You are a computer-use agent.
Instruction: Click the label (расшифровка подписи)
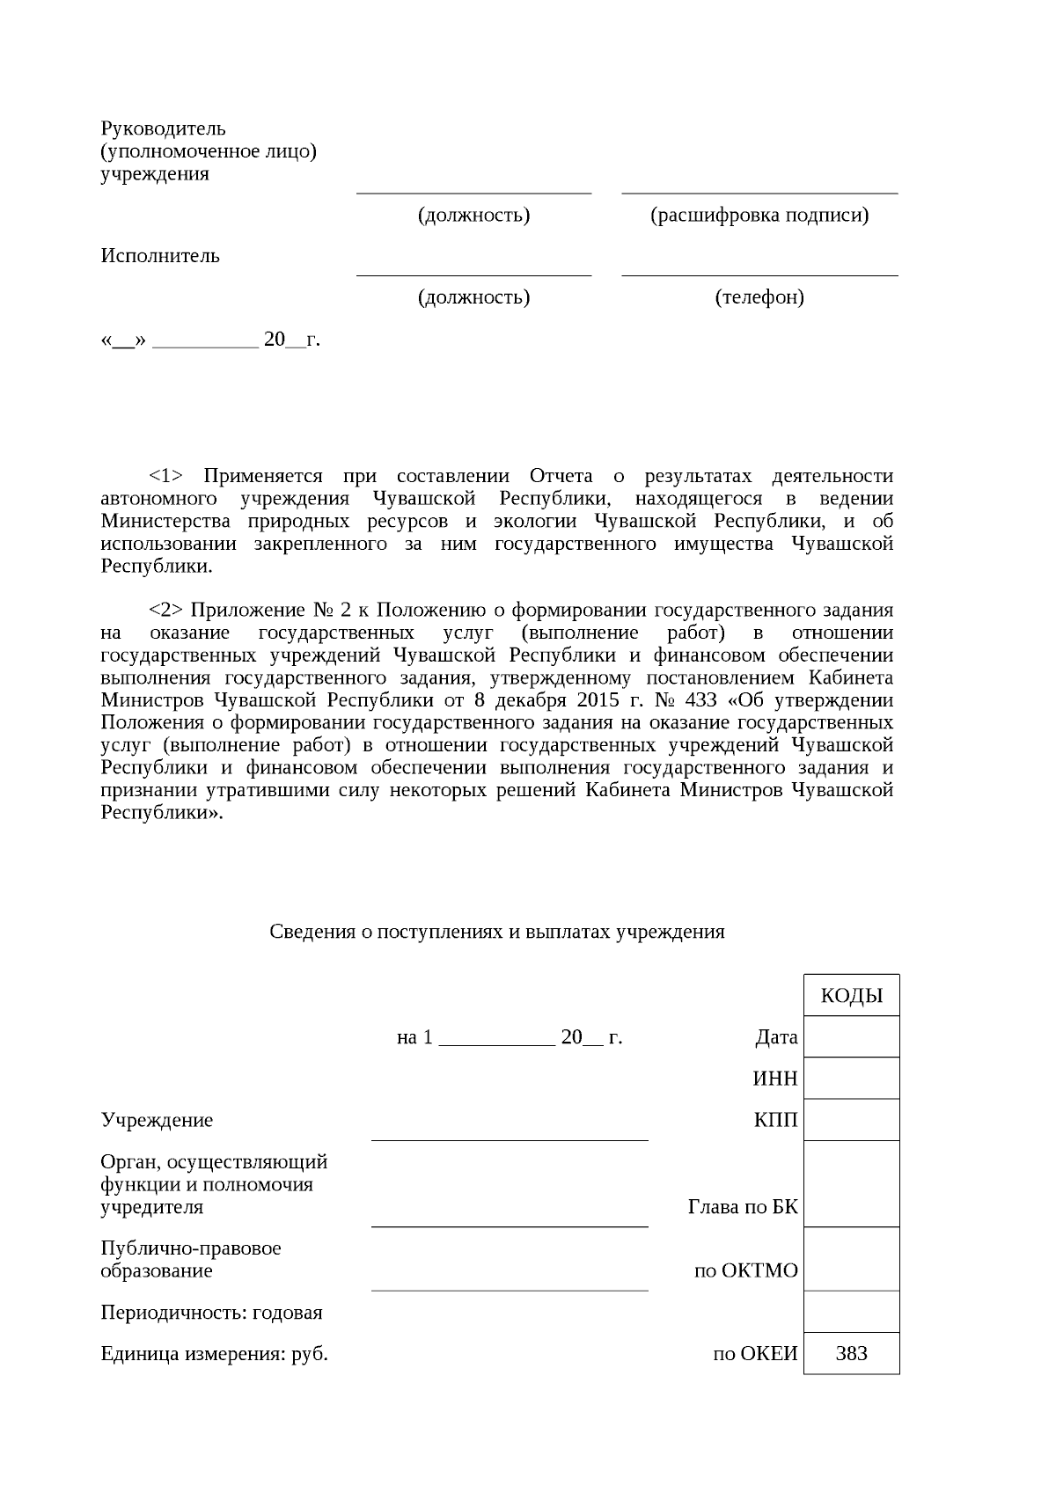pos(759,215)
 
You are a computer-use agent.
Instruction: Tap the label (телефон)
pos(759,297)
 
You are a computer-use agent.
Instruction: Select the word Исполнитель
pos(160,256)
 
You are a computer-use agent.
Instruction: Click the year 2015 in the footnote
pos(598,700)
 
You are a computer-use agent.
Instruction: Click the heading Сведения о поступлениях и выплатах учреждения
pos(497,932)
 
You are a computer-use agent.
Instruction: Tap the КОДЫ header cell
pos(851,996)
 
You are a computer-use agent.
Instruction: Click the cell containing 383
pos(851,1353)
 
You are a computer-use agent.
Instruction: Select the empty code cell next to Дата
pos(851,1036)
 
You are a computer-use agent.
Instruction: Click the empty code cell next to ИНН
pos(851,1078)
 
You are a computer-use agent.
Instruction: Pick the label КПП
pos(775,1120)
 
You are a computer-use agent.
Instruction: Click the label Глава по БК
pos(742,1207)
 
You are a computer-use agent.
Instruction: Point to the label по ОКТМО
pos(745,1271)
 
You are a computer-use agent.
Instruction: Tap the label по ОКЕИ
pos(754,1354)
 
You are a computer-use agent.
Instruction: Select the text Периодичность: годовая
pos(211,1313)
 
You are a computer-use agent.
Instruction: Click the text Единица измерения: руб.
pos(214,1354)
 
